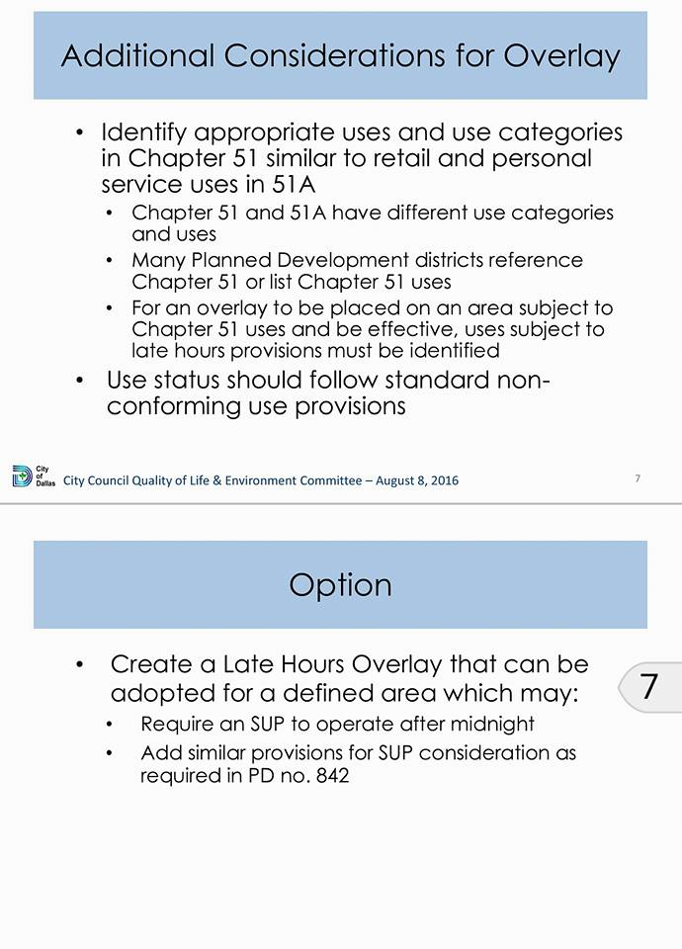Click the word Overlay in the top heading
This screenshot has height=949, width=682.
[x=561, y=55]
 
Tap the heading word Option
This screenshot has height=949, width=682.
[x=340, y=584]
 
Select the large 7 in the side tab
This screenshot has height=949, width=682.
[x=649, y=686]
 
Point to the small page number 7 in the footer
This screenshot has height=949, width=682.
[x=638, y=478]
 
